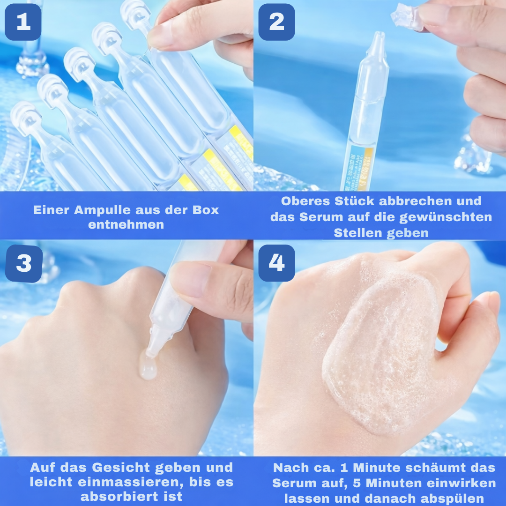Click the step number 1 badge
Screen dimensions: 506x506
23,22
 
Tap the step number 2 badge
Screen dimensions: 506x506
276,22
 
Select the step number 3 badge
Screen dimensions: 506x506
23,264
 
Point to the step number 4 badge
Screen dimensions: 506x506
276,263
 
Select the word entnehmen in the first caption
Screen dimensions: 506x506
126,224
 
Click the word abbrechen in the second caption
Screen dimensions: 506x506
427,201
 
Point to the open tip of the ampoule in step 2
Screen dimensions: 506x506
377,40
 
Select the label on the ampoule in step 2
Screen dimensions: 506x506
359,169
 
